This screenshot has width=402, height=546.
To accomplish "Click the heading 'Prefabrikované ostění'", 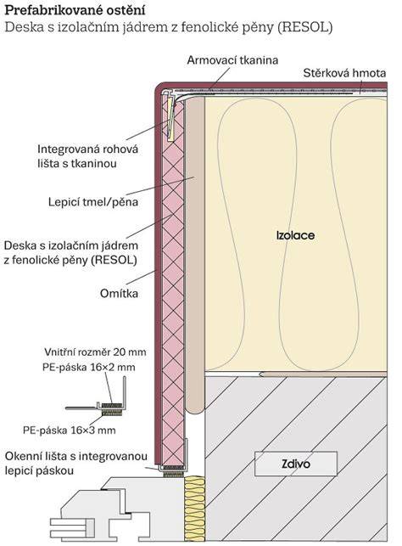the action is click(x=75, y=10).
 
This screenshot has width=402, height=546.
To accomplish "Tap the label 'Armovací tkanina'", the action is click(x=232, y=60).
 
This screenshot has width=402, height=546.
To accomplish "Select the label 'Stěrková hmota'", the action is click(x=344, y=73).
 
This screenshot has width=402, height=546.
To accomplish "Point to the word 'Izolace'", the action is click(x=295, y=235).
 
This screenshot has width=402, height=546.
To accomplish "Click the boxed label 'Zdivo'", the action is click(x=296, y=464).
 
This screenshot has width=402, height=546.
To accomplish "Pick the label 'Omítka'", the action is click(x=119, y=294).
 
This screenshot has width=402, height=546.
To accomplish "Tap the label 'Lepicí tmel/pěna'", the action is click(x=93, y=202).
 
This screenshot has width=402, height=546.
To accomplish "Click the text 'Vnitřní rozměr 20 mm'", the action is click(x=95, y=352).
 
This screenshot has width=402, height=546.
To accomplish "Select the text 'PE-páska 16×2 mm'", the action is click(x=89, y=368).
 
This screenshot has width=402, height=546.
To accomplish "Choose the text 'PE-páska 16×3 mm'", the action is click(x=70, y=431).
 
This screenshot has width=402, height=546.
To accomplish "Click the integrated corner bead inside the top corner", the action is click(x=170, y=116).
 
